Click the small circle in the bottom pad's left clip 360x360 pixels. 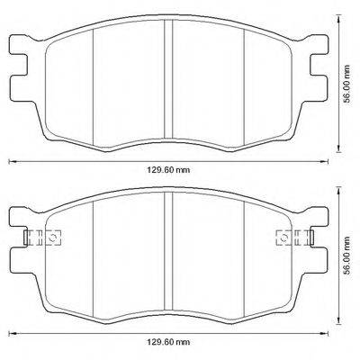[52, 238]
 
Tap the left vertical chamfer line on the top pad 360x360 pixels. [94, 81]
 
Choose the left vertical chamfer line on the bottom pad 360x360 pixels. [94, 256]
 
